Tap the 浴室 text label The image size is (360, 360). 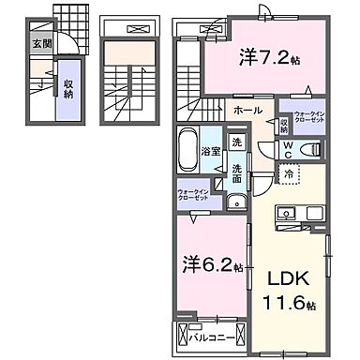coord(211,150)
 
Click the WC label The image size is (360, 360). coord(289,149)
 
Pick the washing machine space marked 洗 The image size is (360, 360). coord(236,142)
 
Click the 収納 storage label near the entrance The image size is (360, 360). coord(68,89)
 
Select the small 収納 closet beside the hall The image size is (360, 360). coord(283,123)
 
